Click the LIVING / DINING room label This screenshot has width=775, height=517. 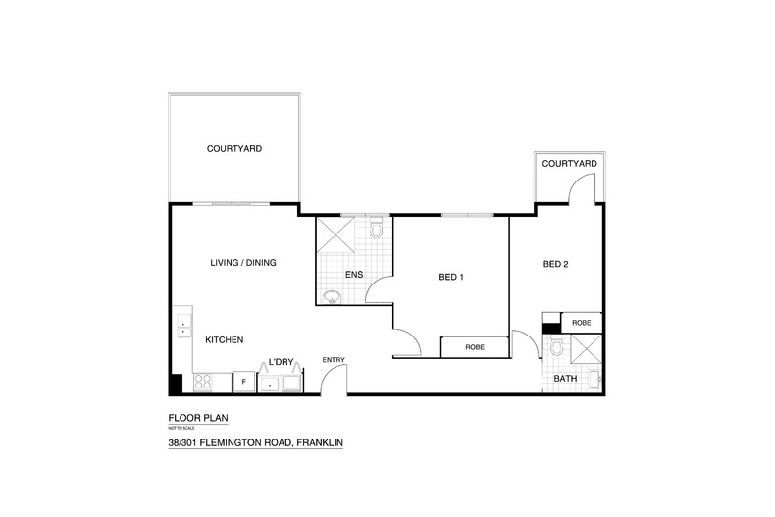pyautogui.click(x=243, y=263)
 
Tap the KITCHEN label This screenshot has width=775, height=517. pyautogui.click(x=225, y=340)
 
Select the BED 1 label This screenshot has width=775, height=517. pyautogui.click(x=451, y=277)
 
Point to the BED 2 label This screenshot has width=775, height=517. pyautogui.click(x=555, y=264)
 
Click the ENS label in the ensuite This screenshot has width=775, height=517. pyautogui.click(x=354, y=275)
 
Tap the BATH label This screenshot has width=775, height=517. pyautogui.click(x=565, y=378)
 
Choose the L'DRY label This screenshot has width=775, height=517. pyautogui.click(x=281, y=362)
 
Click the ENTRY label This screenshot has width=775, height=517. pyautogui.click(x=334, y=360)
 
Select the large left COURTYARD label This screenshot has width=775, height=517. pyautogui.click(x=234, y=149)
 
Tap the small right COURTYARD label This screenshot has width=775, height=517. pyautogui.click(x=569, y=164)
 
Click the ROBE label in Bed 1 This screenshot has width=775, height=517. pyautogui.click(x=475, y=347)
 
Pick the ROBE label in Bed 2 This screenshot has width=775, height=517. pyautogui.click(x=581, y=323)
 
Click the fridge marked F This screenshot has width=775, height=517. pyautogui.click(x=243, y=382)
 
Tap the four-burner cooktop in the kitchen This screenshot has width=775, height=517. pyautogui.click(x=203, y=382)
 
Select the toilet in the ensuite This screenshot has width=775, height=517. pyautogui.click(x=377, y=228)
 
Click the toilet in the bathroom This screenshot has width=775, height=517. pyautogui.click(x=555, y=347)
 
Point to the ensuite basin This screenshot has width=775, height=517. pyautogui.click(x=332, y=297)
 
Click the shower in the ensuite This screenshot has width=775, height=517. pyautogui.click(x=336, y=234)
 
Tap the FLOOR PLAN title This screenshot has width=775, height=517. pyautogui.click(x=198, y=418)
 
